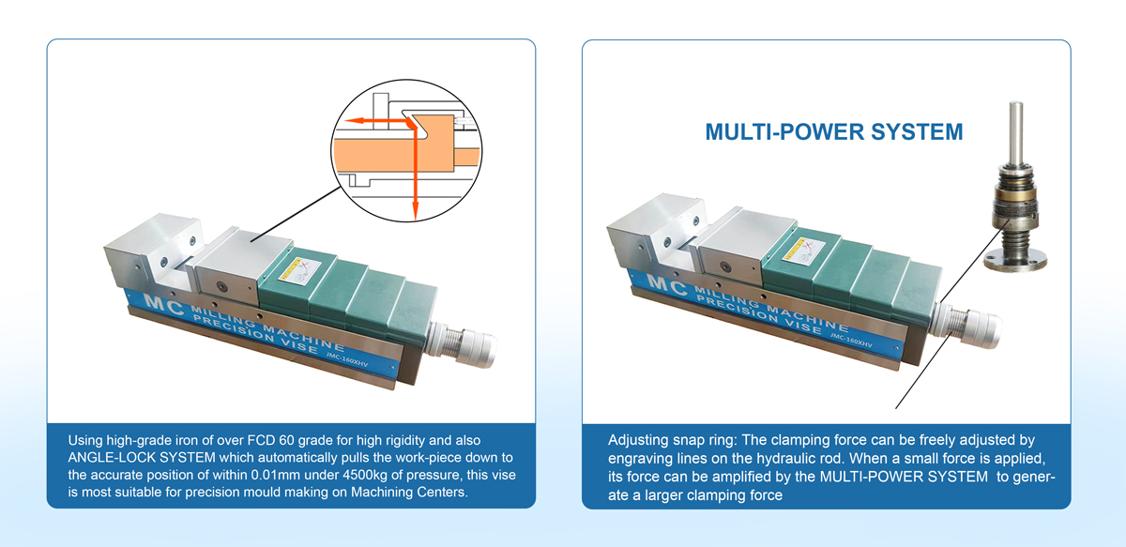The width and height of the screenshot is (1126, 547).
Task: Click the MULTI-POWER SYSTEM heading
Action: tap(833, 130)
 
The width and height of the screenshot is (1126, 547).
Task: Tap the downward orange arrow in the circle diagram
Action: tap(413, 178)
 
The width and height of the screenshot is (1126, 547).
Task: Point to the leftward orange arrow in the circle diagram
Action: tap(371, 120)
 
